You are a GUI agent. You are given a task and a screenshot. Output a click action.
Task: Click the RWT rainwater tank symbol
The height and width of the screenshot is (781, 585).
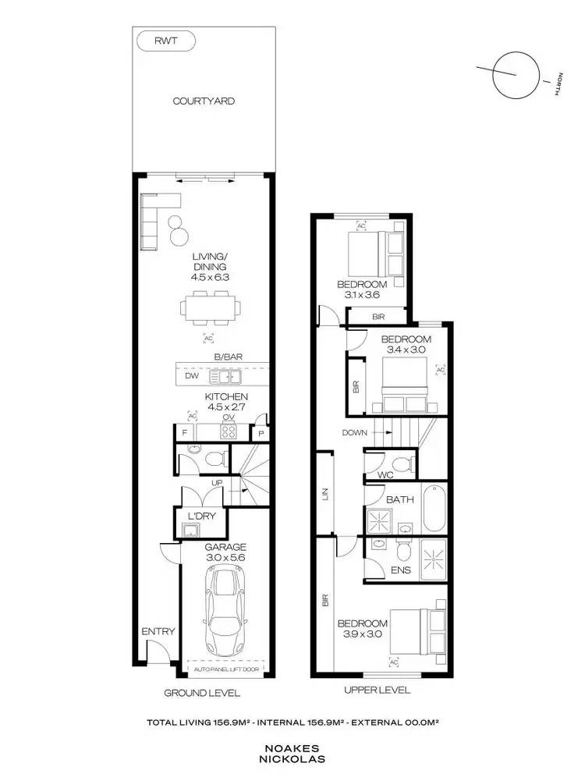(x=165, y=41)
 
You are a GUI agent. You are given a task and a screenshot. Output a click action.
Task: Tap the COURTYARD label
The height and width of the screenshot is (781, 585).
(x=204, y=101)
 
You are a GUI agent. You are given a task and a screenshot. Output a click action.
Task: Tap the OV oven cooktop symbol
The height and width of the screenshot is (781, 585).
(x=229, y=430)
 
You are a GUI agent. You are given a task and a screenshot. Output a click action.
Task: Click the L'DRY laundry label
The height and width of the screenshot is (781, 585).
(x=203, y=516)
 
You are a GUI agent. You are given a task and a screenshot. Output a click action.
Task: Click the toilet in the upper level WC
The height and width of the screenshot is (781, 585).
(x=401, y=466)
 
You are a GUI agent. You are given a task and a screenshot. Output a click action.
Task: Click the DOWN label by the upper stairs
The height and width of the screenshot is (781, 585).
(x=353, y=431)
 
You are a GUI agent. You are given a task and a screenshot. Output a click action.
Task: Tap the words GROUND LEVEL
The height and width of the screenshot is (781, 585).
(x=201, y=693)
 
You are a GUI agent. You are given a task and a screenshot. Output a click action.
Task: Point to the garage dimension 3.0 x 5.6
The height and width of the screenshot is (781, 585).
(x=226, y=559)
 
